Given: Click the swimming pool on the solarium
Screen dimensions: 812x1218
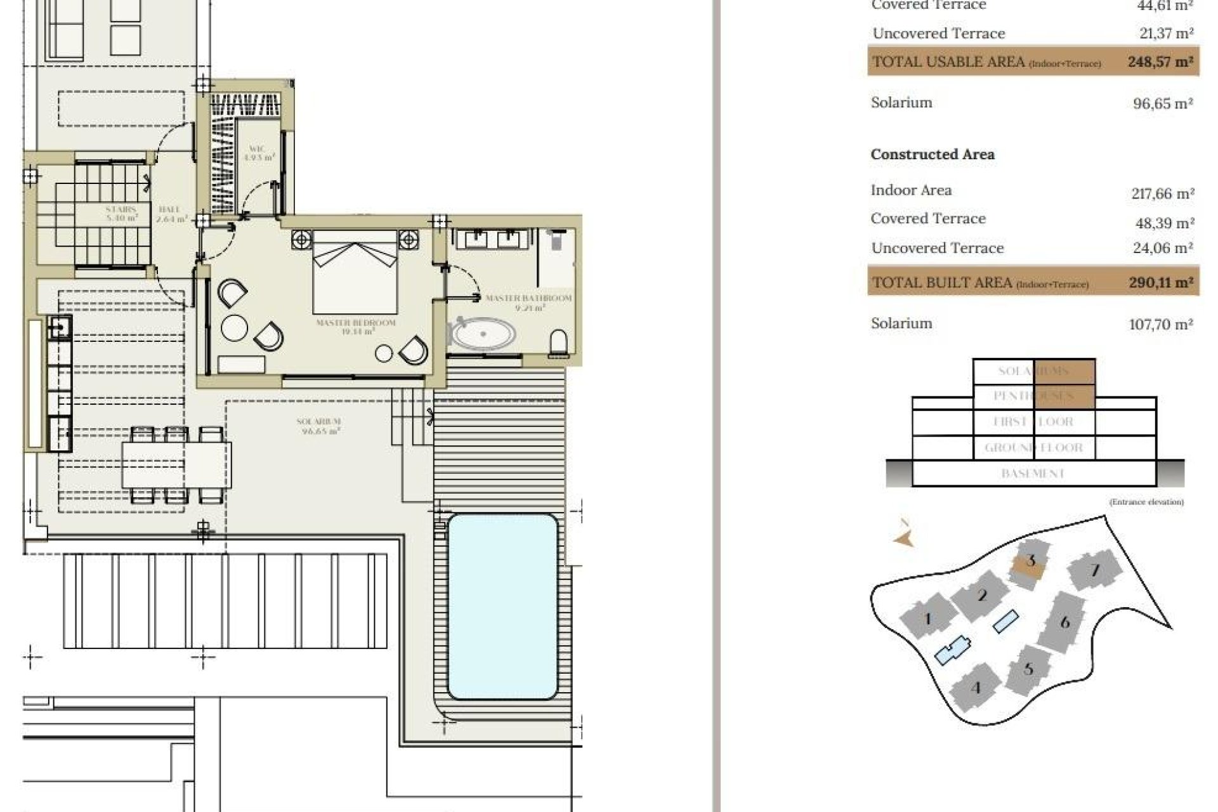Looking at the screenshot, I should (502, 606).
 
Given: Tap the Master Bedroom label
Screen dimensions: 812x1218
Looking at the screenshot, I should (356, 327).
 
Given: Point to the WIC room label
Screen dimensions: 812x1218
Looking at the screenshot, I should (258, 153).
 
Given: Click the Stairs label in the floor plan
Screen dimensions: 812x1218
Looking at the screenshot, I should (121, 213).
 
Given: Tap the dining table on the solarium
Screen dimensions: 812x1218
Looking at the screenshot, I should (176, 464).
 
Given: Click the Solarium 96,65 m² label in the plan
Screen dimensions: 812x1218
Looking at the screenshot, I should (318, 426).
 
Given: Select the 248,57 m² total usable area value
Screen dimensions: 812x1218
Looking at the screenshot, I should (1160, 62).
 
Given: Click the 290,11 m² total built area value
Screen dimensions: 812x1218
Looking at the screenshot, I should (1160, 282).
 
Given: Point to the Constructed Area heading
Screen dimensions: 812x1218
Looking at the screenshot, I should (932, 154).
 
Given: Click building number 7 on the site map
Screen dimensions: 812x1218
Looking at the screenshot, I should (1095, 570).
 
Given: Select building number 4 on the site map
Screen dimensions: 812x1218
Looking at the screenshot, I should (976, 688).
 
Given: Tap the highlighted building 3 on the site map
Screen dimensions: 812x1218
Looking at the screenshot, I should (1030, 561).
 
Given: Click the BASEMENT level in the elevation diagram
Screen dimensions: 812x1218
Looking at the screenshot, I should (1032, 473).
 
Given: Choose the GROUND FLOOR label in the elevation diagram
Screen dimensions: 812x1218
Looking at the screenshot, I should (1033, 447).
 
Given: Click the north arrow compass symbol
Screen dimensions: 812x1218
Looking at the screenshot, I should (904, 534).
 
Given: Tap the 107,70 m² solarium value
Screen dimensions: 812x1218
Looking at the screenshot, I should (1160, 324).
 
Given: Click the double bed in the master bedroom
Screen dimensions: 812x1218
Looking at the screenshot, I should (355, 273).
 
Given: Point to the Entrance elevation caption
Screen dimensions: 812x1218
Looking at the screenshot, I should (1146, 502).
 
